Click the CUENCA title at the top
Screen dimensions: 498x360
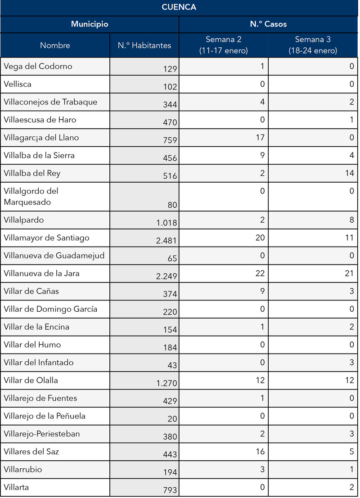click(179, 8)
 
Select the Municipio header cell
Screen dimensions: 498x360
click(90, 24)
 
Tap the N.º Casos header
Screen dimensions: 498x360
click(268, 24)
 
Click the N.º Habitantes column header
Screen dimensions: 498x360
click(144, 45)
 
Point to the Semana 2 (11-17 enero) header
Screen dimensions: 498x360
click(224, 45)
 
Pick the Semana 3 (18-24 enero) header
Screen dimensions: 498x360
click(313, 45)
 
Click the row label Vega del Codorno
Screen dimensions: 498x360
click(38, 67)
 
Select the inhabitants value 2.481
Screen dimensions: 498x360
click(166, 241)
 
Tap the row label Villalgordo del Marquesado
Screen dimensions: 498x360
click(31, 197)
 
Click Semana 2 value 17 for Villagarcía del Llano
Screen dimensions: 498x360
click(260, 138)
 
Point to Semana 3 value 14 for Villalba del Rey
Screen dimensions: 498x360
click(350, 173)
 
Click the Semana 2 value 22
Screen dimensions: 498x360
click(260, 273)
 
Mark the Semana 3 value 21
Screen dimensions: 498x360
click(349, 273)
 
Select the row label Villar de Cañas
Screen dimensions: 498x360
click(31, 291)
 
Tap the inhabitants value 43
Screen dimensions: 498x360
click(172, 366)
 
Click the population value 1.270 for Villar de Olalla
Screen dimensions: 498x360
click(166, 384)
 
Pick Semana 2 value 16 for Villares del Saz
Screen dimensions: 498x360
click(260, 452)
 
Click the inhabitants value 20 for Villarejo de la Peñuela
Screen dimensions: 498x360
click(172, 419)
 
